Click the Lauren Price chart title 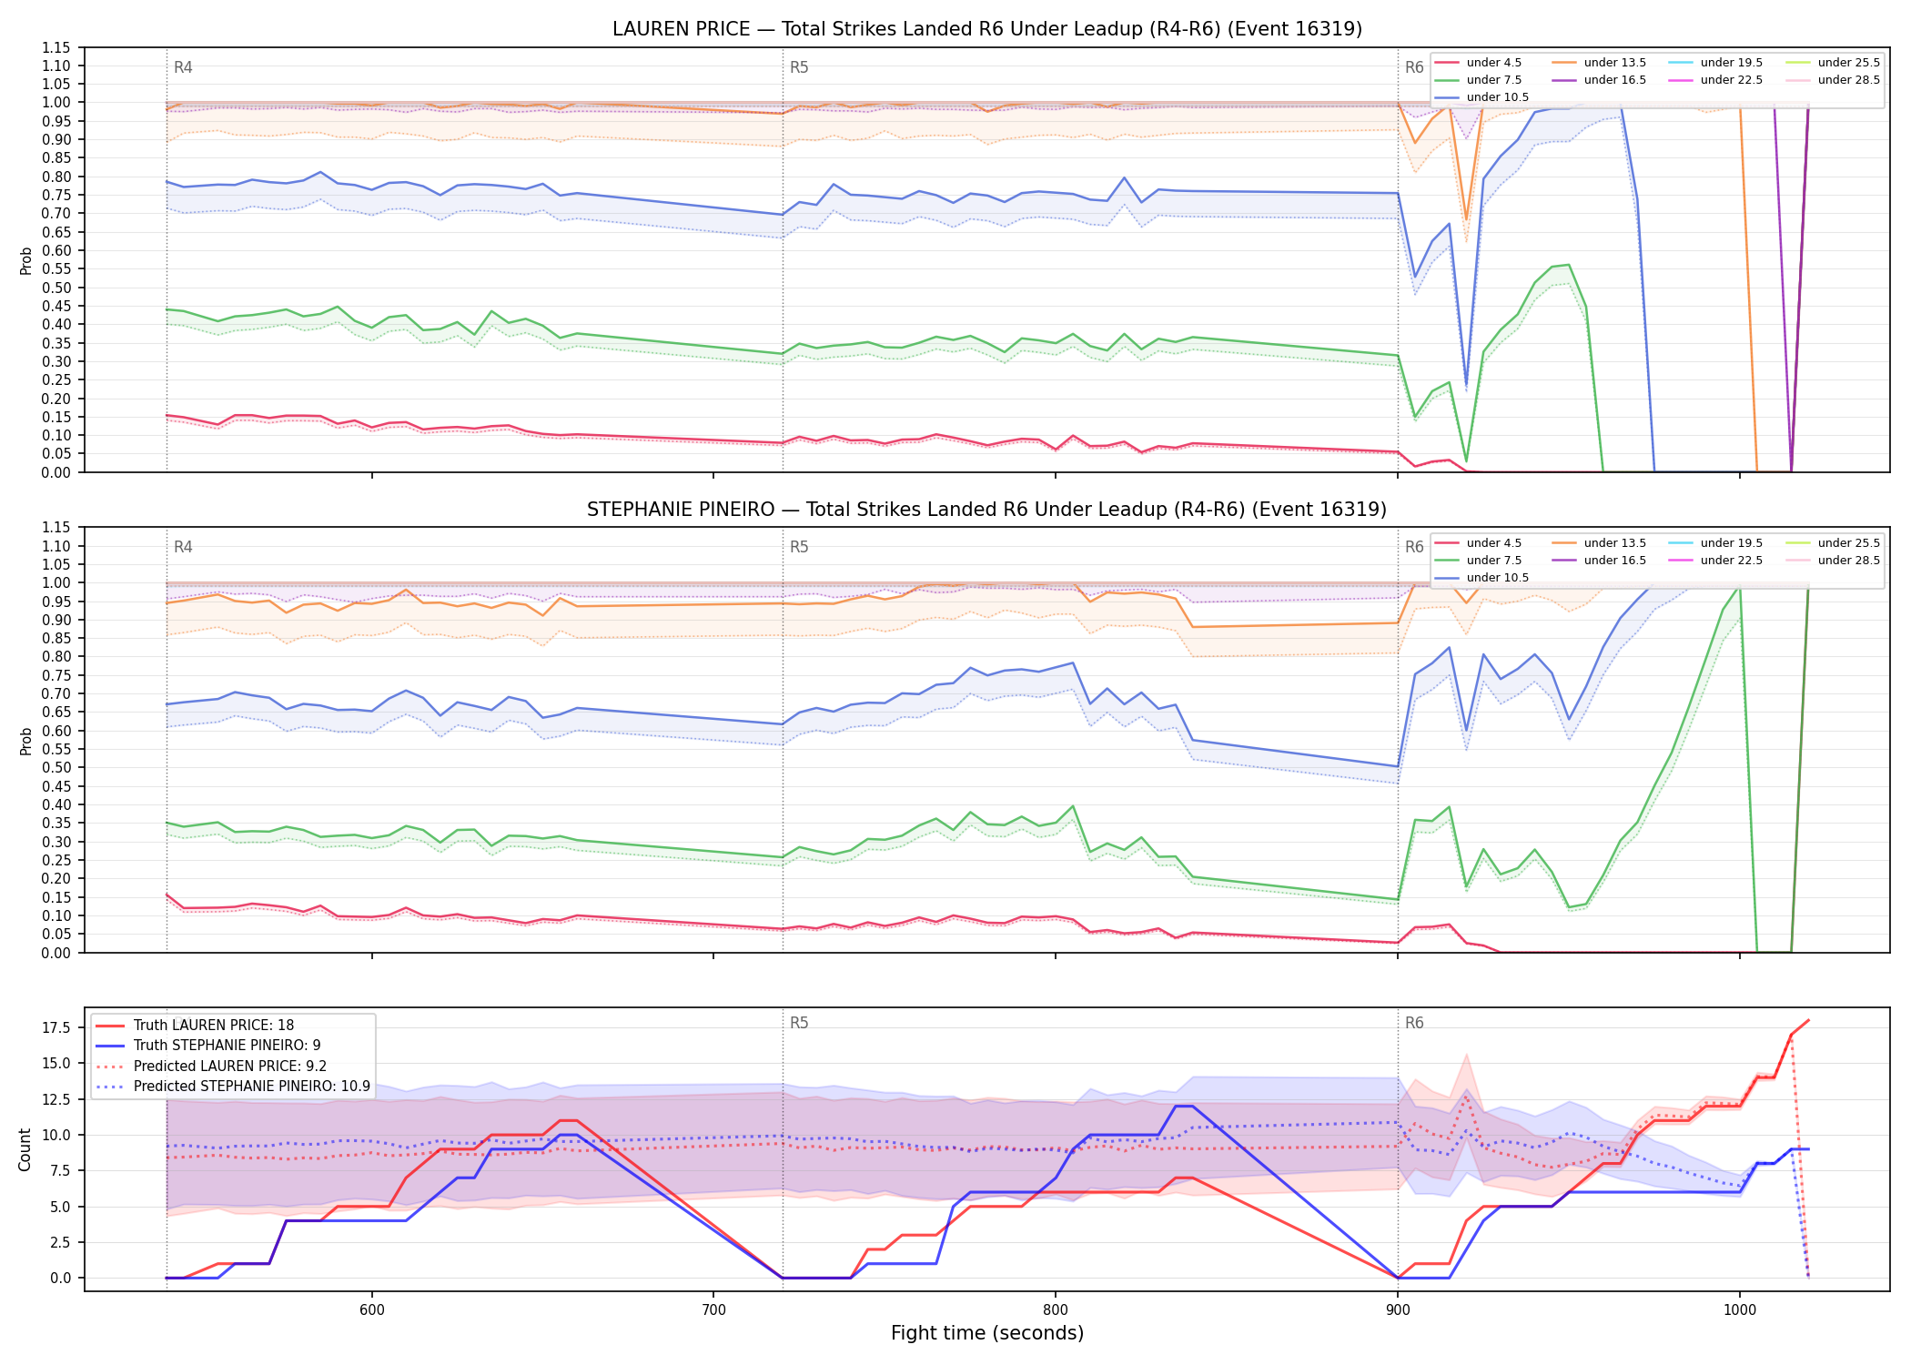click(x=986, y=29)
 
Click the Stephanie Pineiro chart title click(x=986, y=510)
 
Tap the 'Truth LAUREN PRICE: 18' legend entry click(x=214, y=1026)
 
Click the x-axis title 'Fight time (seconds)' click(x=987, y=1333)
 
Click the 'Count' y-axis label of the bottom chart click(x=25, y=1149)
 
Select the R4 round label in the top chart click(x=183, y=67)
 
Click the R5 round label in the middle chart click(x=799, y=547)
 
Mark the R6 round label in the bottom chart click(x=1414, y=1023)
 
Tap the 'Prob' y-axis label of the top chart click(x=25, y=260)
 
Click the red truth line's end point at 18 click(x=1808, y=1020)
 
